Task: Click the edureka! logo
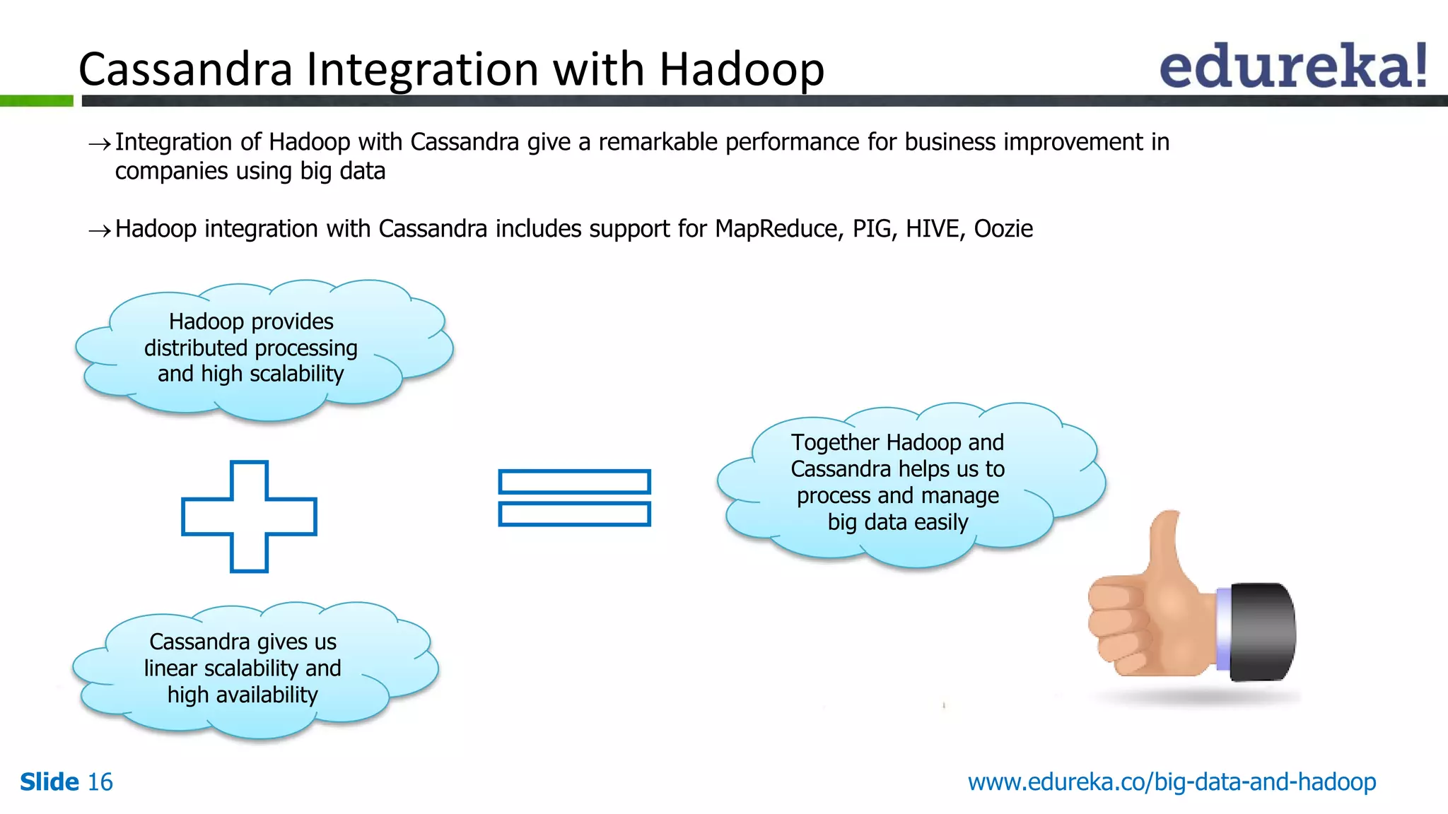point(1292,66)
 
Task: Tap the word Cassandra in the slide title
point(185,69)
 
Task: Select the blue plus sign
point(249,517)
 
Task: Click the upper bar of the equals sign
point(574,482)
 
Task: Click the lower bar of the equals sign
point(574,514)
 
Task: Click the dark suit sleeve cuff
point(1263,632)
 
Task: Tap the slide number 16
point(100,782)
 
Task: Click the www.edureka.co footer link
point(1172,782)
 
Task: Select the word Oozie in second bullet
point(1003,229)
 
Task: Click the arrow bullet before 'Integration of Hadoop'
point(99,144)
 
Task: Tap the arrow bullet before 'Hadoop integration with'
point(99,230)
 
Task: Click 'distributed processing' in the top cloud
point(250,348)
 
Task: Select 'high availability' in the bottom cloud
point(243,695)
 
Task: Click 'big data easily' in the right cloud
point(897,522)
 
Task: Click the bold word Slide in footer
point(49,782)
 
